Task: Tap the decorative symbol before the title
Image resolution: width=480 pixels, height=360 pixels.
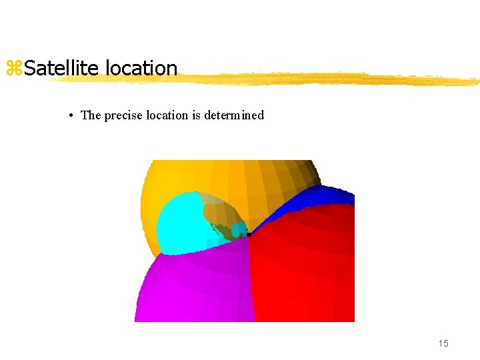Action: tap(14, 68)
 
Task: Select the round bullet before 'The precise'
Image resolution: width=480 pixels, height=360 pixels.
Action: tap(71, 115)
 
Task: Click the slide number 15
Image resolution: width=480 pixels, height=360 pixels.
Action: tap(443, 343)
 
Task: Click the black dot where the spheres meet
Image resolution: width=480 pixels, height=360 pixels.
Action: tap(249, 235)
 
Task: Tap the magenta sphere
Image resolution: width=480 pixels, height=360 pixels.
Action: tap(193, 287)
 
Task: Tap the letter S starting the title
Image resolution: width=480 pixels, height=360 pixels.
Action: tap(30, 68)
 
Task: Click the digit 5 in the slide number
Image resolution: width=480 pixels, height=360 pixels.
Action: tap(446, 343)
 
